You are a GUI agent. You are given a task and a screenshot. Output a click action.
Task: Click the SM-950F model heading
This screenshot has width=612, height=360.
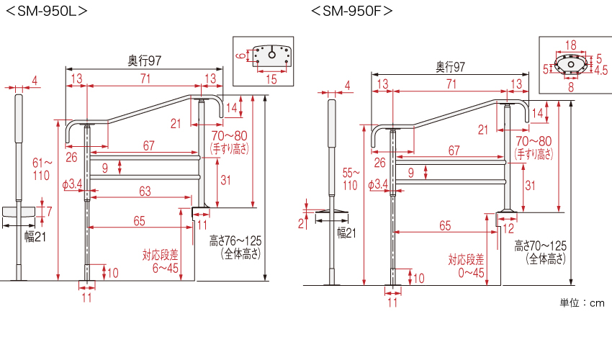[352, 11]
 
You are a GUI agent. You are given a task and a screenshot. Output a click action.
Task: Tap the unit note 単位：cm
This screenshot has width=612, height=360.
[582, 303]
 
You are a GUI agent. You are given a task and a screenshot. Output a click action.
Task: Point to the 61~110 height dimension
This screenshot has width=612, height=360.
[42, 168]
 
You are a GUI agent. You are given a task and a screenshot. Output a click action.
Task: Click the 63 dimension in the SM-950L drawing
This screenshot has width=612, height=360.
[145, 191]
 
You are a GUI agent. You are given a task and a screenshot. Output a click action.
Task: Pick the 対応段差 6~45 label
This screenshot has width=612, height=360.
[160, 261]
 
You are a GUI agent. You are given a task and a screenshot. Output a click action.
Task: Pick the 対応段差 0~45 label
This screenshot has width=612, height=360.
[467, 266]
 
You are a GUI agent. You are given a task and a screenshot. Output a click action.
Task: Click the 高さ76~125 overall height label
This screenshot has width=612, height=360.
[232, 246]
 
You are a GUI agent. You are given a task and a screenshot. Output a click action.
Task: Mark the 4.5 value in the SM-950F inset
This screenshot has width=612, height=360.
[600, 71]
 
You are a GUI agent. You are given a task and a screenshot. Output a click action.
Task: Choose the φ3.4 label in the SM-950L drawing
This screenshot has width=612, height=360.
[73, 185]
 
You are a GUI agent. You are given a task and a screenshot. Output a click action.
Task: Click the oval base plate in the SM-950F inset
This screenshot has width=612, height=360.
[572, 66]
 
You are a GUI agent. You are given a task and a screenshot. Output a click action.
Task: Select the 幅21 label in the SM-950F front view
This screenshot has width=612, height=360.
[346, 233]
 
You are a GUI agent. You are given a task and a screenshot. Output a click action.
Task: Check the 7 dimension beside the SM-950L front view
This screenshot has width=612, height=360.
[49, 210]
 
